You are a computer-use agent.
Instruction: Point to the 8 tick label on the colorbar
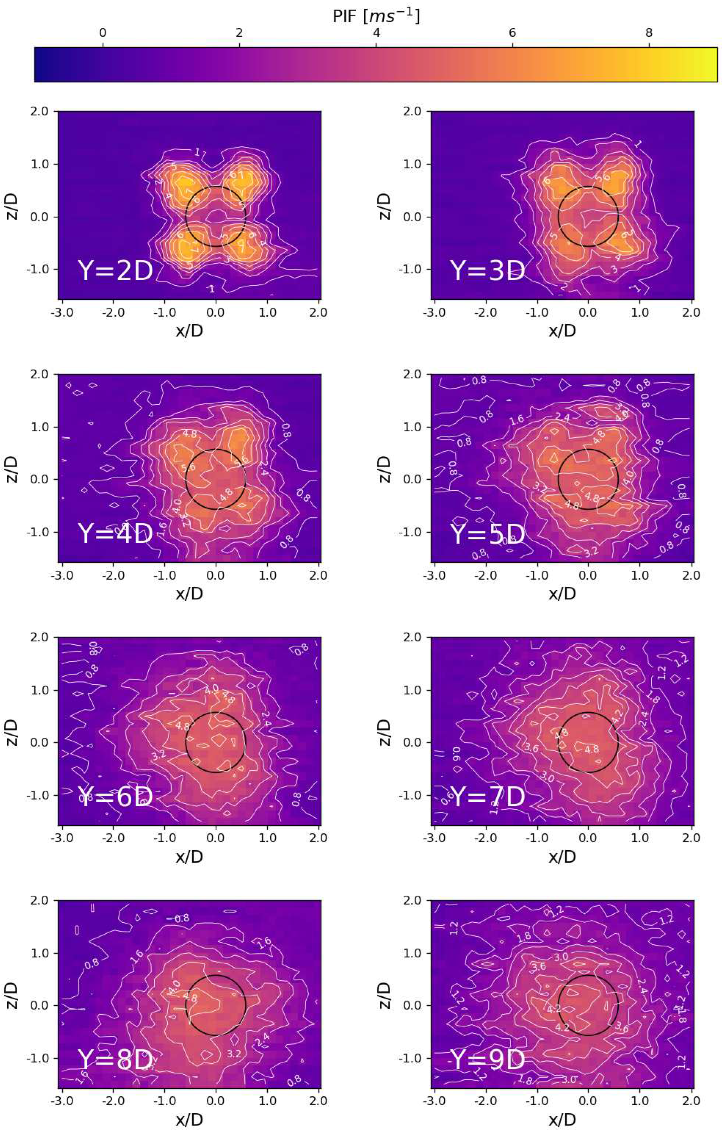point(649,33)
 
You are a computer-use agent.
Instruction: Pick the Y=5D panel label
point(487,534)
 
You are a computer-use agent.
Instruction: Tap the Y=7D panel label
point(487,797)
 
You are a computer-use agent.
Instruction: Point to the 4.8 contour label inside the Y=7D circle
point(591,749)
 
